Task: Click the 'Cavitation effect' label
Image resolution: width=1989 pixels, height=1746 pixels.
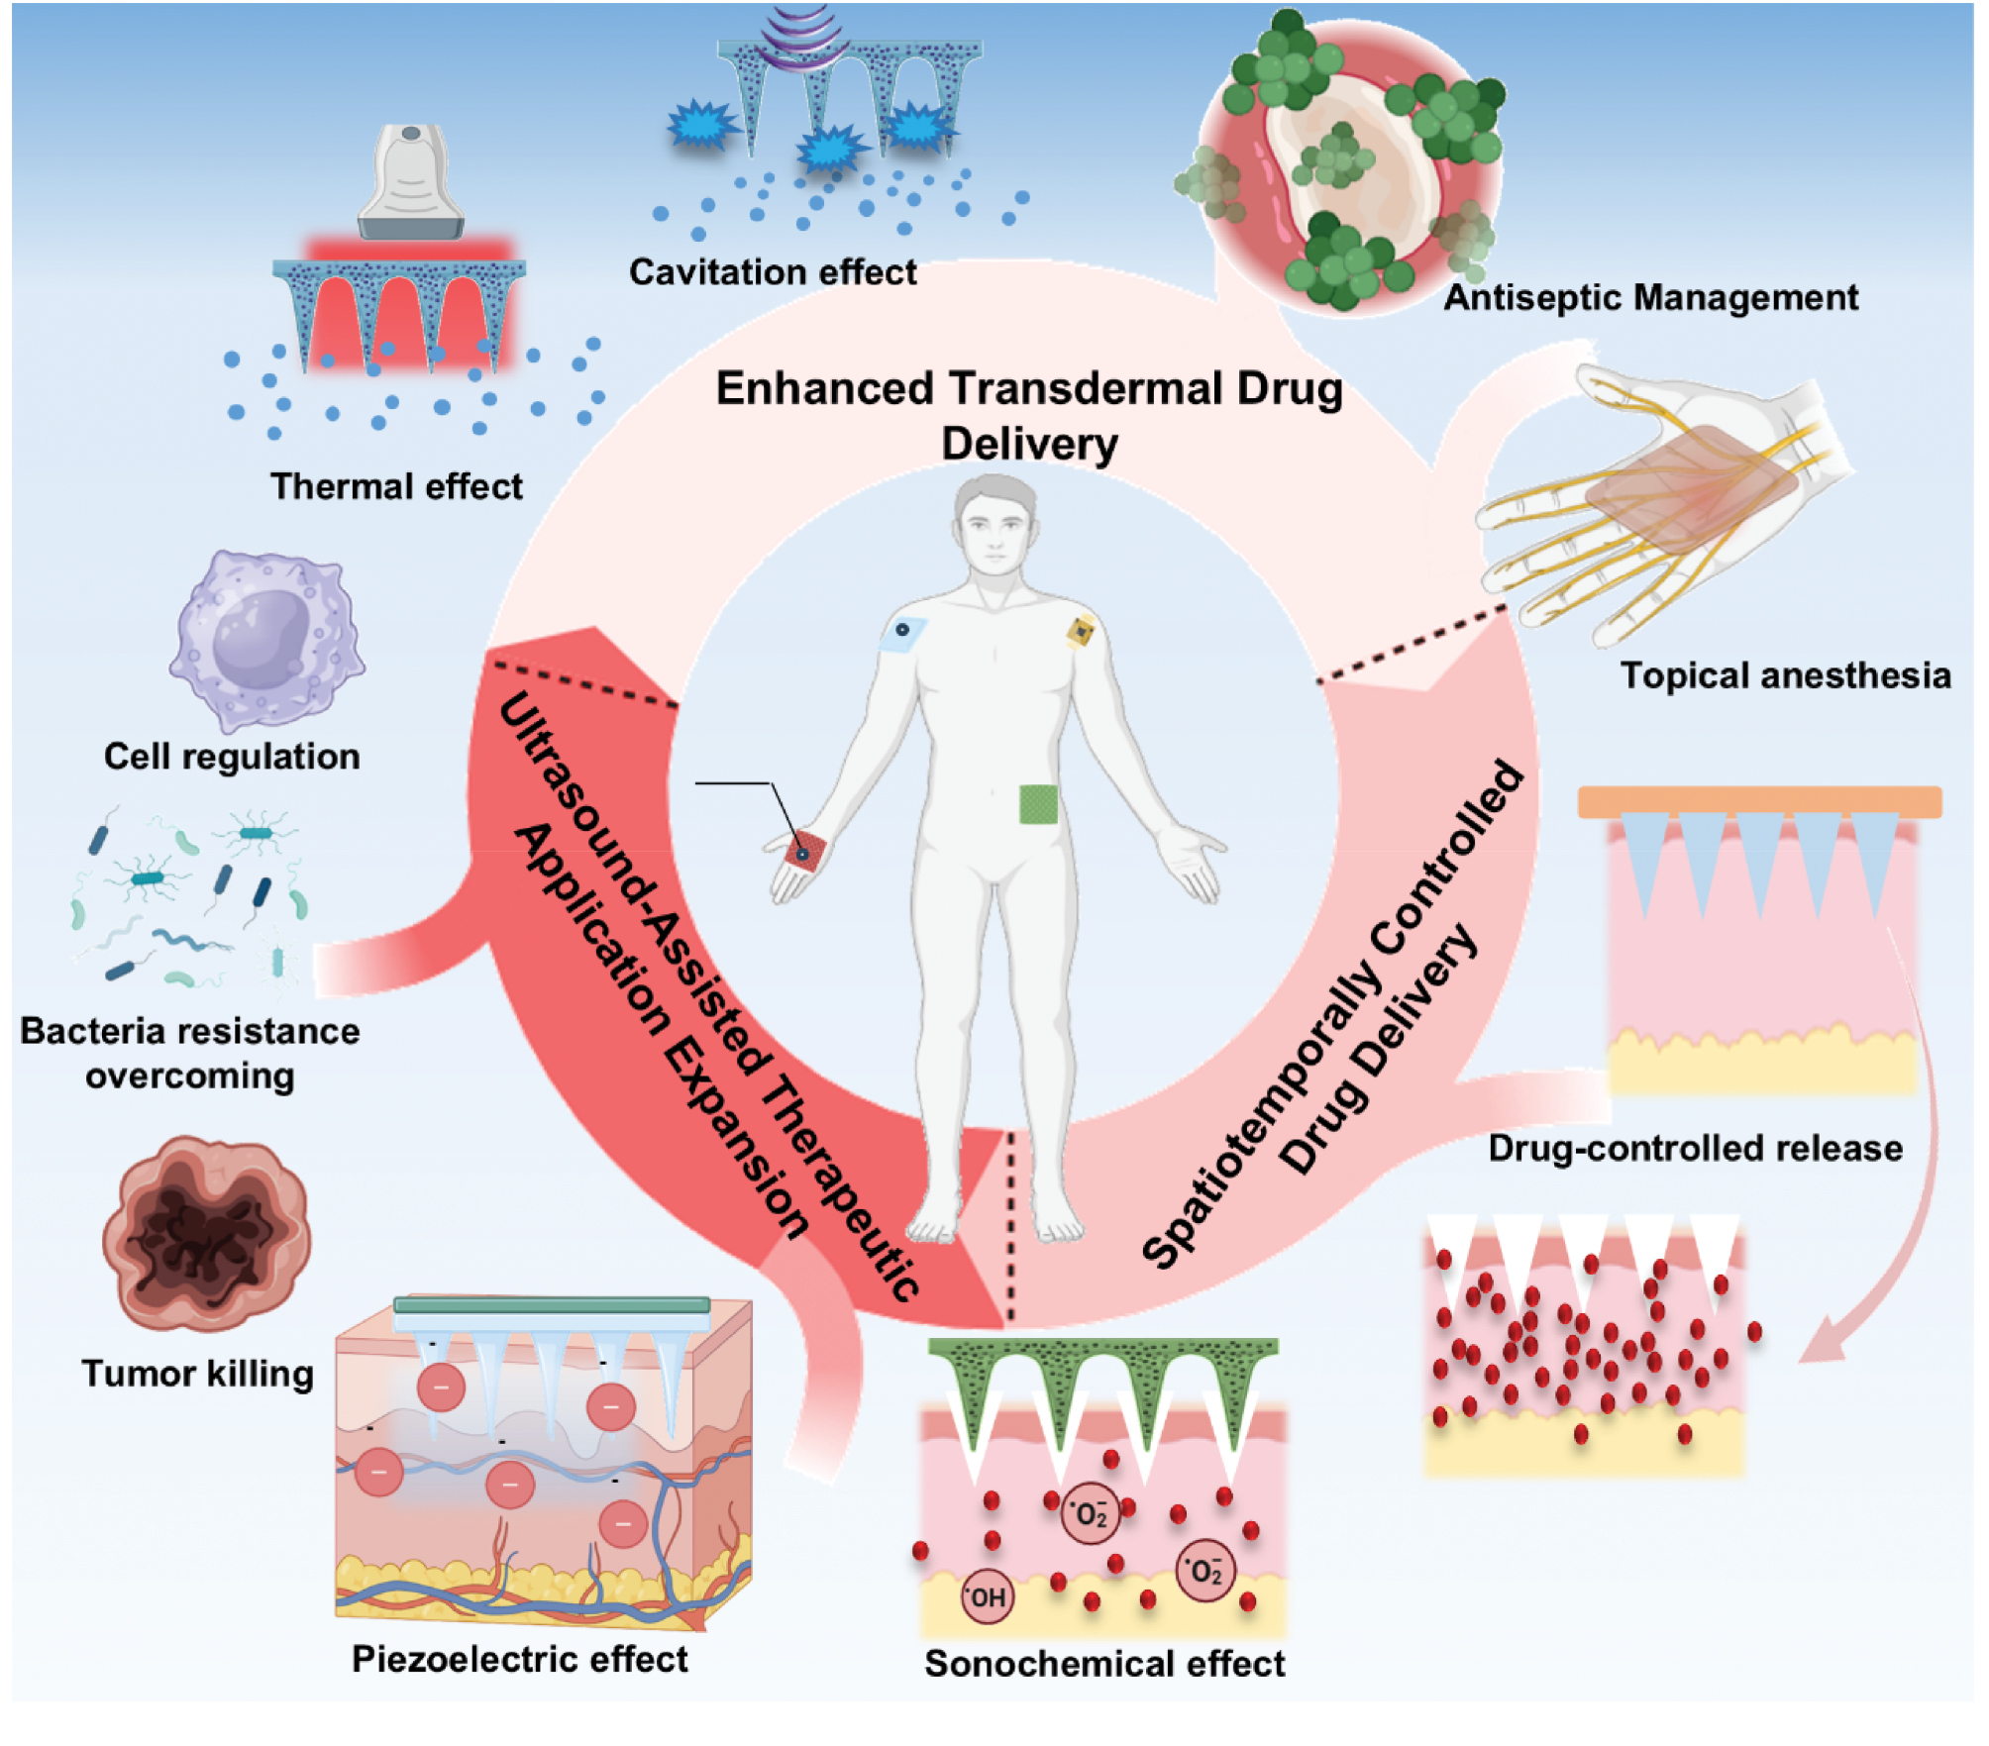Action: pos(773,272)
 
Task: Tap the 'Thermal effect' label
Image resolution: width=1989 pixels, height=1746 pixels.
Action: pos(396,486)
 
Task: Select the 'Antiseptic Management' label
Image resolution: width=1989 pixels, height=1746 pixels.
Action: pos(1650,297)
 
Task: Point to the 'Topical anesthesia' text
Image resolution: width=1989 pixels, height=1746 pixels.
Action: pos(1785,675)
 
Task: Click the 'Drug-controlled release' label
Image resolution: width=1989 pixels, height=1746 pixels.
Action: pos(1695,1148)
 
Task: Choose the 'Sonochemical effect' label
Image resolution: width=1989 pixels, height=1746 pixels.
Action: pos(1104,1664)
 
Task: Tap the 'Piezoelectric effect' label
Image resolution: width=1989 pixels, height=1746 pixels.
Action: pos(520,1659)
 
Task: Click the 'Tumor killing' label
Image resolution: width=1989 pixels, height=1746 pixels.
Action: pos(197,1374)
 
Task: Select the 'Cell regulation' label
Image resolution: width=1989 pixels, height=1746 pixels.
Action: pos(232,757)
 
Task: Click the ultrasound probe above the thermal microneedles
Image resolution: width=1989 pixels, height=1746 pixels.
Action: pos(411,183)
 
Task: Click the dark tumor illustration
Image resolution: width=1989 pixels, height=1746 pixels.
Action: pos(206,1233)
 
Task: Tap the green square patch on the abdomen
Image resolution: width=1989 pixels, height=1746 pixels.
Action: pos(1038,803)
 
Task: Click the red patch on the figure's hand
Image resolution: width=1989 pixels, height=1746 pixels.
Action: pos(804,854)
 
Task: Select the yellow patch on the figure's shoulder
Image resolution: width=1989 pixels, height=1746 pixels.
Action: pos(1081,630)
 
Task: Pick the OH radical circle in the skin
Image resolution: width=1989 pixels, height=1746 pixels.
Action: pos(988,1597)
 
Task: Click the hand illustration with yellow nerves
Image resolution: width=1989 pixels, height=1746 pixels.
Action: pos(1664,495)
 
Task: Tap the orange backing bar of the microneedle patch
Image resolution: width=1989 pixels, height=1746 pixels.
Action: pos(1759,801)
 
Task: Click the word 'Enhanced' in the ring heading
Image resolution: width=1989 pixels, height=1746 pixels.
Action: pos(824,388)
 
